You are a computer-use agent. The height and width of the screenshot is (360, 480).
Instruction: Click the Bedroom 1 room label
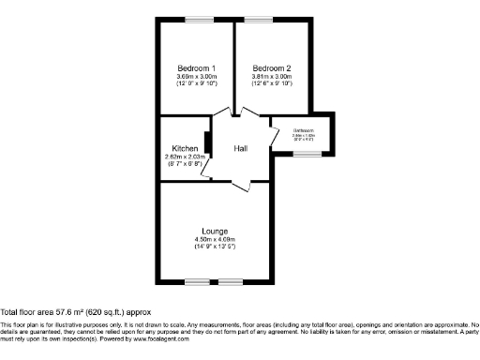tap(197, 68)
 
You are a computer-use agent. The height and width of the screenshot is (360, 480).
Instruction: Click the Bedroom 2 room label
tap(271, 68)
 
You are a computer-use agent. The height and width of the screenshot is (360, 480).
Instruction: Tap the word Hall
tap(241, 148)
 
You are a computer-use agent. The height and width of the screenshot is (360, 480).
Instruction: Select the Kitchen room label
tap(184, 148)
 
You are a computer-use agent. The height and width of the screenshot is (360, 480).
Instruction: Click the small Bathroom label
tap(303, 130)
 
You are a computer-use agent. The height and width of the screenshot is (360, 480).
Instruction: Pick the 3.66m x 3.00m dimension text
tap(197, 77)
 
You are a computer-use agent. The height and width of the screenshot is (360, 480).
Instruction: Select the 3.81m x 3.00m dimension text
tap(271, 77)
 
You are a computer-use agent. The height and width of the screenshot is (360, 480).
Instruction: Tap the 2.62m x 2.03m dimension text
tap(184, 157)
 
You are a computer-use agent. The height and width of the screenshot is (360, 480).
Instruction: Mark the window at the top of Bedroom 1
tap(198, 19)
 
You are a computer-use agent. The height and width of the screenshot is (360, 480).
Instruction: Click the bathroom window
tap(305, 154)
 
